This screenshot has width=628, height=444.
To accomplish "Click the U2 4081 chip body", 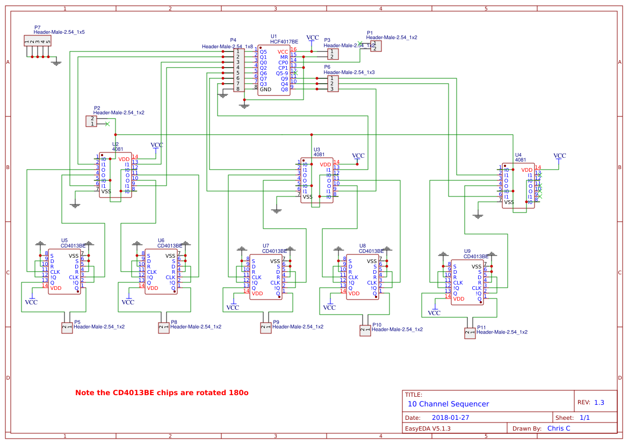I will coord(115,175).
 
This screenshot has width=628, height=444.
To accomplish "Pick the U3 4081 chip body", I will coord(316,180).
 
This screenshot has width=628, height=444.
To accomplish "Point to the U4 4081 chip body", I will coord(518,186).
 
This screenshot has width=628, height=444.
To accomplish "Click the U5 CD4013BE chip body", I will coord(64,272).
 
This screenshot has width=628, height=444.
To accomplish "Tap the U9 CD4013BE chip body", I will coord(467,282).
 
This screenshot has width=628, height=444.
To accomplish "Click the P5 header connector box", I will coord(67,327).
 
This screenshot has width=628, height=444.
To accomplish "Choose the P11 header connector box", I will coord(470,333).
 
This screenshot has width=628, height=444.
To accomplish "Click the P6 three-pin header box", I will coord(334,83).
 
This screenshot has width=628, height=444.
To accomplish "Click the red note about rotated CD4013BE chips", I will coord(162,393).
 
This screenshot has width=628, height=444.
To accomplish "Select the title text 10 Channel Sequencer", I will coord(448,404).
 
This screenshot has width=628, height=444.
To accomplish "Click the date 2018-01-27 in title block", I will coord(450,417).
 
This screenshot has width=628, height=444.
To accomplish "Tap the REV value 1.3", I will coord(598,403).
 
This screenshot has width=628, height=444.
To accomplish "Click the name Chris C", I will coord(559,428).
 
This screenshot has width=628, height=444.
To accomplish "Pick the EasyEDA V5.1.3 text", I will coord(428,428).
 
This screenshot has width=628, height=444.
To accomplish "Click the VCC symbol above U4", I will coord(560,156).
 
